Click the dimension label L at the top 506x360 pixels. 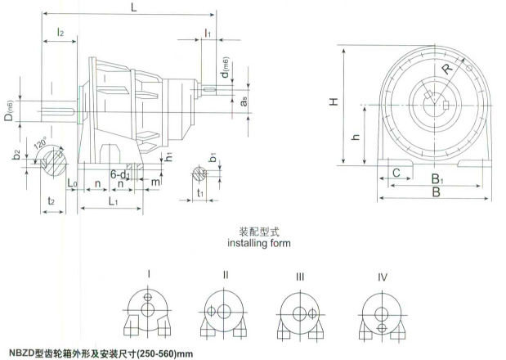click(133, 7)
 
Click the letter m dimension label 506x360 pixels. click(156, 181)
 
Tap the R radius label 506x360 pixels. click(446, 69)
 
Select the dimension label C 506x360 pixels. click(396, 173)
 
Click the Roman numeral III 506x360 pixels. click(299, 278)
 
